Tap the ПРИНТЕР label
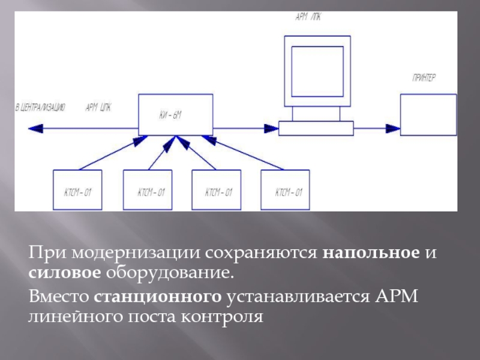(424, 78)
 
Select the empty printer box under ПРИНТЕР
(428, 115)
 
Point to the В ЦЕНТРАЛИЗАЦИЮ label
(40, 107)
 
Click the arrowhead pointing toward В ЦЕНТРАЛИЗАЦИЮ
(34, 127)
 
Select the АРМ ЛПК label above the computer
(308, 18)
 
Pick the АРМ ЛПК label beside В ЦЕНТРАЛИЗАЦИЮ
(98, 107)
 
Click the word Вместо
(58, 296)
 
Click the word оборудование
(169, 274)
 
